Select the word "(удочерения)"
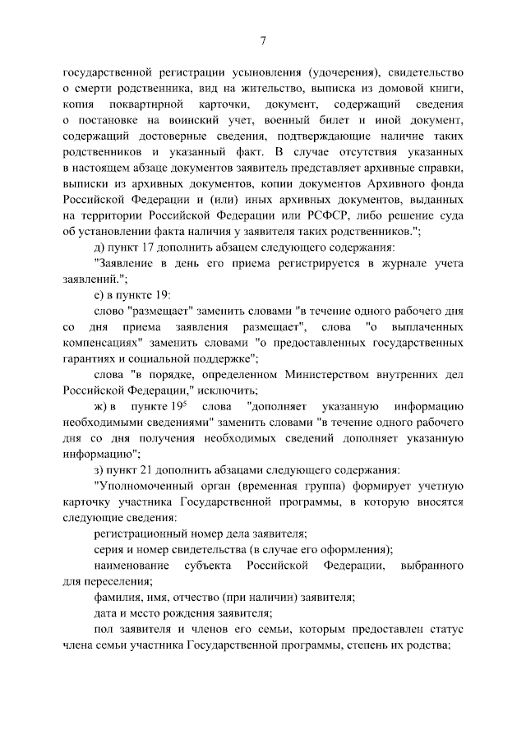[341, 72]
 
